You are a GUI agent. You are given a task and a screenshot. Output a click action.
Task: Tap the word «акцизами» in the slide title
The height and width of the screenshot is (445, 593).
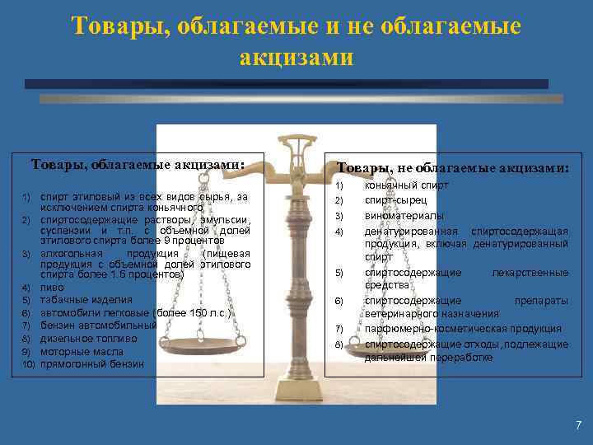(x=296, y=58)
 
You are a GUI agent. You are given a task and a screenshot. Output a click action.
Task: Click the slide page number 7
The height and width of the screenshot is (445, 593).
(x=578, y=425)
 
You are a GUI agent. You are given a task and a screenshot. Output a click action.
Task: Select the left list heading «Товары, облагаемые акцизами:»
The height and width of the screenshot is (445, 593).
(x=138, y=164)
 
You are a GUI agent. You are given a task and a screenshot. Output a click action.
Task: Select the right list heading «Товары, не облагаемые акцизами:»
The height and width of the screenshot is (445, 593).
(x=452, y=168)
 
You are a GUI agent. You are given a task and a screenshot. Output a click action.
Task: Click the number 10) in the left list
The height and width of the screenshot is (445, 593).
(x=27, y=364)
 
